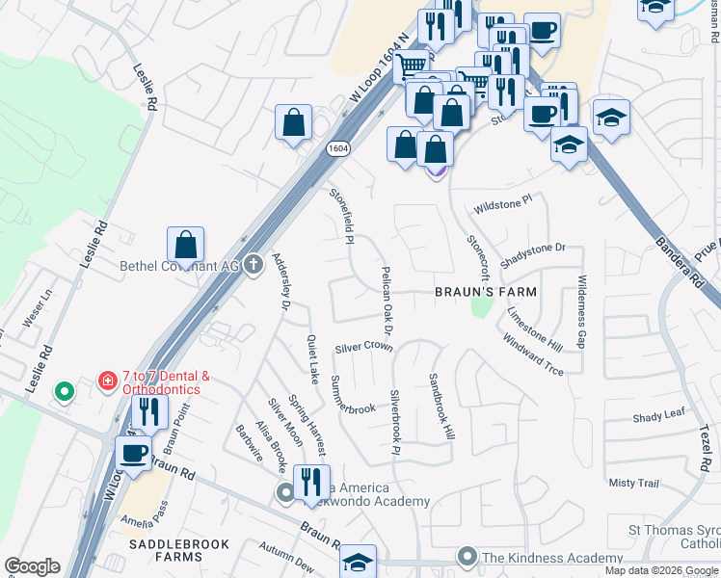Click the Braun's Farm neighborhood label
tap(484, 291)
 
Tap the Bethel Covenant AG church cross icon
tap(254, 264)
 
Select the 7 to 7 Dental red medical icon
tap(108, 381)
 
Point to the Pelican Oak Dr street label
tap(387, 301)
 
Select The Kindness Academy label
tap(552, 558)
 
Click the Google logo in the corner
tap(32, 566)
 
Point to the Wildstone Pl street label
tap(502, 206)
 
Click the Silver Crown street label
tap(363, 347)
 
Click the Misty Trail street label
tap(632, 483)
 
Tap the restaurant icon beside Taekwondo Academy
tap(308, 481)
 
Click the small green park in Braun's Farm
tap(480, 307)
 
